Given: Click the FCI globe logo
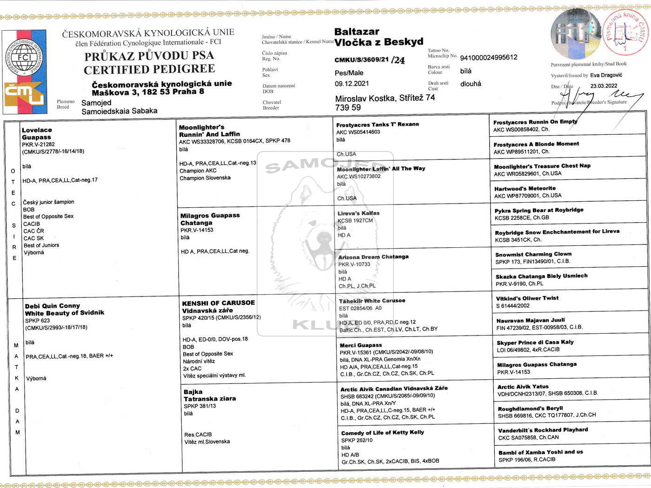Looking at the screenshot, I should point(24,58).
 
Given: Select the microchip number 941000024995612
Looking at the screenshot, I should point(488,58).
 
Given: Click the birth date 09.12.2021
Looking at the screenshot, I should point(352,84).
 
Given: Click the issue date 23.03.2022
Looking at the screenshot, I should point(604,86).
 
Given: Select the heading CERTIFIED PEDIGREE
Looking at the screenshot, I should point(149,70).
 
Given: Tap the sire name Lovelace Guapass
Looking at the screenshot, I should point(37,133).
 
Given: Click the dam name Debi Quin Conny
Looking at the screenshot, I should point(53,306).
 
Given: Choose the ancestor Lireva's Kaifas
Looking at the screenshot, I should point(359,213).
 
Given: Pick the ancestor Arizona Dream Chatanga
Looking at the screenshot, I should point(373,257).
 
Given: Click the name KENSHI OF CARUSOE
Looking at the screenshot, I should point(219,303).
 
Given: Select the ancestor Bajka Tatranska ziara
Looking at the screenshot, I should point(209,395).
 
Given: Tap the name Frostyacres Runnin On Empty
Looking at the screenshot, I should point(535,122).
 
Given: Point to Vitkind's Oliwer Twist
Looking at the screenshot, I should point(527,298).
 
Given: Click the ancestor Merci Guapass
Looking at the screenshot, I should point(361,345).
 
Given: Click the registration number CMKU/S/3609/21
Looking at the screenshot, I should point(361,60).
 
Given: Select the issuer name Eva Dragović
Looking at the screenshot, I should point(606,75).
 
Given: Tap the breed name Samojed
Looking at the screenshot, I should point(96,103).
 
